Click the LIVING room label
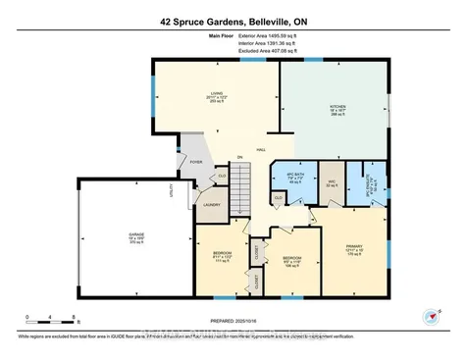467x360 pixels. pyautogui.click(x=217, y=94)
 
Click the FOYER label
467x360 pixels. pyautogui.click(x=196, y=162)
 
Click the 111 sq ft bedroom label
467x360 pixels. pyautogui.click(x=221, y=257)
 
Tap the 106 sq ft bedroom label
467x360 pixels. pyautogui.click(x=290, y=263)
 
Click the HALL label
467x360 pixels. pyautogui.click(x=261, y=150)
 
